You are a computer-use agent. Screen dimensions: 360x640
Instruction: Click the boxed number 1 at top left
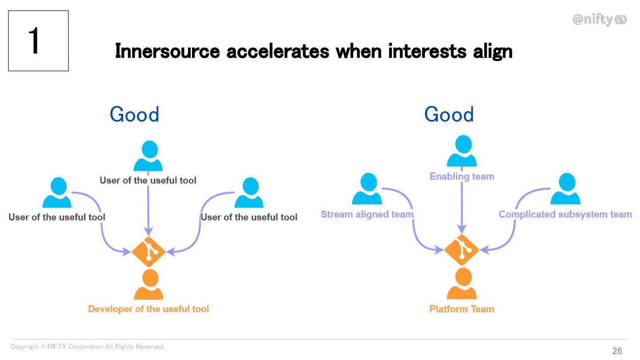pos(38,41)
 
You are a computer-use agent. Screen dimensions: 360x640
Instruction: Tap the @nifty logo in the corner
pos(599,20)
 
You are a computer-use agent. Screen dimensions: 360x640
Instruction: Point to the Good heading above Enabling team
pos(449,114)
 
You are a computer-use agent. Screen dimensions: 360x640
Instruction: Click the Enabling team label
pos(462,176)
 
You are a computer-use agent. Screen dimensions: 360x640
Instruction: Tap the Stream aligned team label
pos(367,214)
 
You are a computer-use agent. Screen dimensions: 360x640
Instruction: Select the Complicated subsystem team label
pos(565,214)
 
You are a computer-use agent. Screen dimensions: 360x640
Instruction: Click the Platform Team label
pos(462,309)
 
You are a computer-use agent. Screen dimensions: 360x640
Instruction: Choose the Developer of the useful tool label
pos(148,309)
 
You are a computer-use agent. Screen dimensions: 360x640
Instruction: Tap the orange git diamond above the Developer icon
pos(148,252)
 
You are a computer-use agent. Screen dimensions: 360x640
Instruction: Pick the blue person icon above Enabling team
pos(462,152)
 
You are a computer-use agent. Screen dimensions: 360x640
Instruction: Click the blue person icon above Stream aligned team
pos(367,189)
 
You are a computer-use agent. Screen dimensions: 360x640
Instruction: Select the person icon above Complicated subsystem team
pos(565,189)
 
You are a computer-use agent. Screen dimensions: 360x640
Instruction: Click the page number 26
pos(617,351)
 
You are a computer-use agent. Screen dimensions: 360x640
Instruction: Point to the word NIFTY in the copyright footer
pos(56,347)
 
